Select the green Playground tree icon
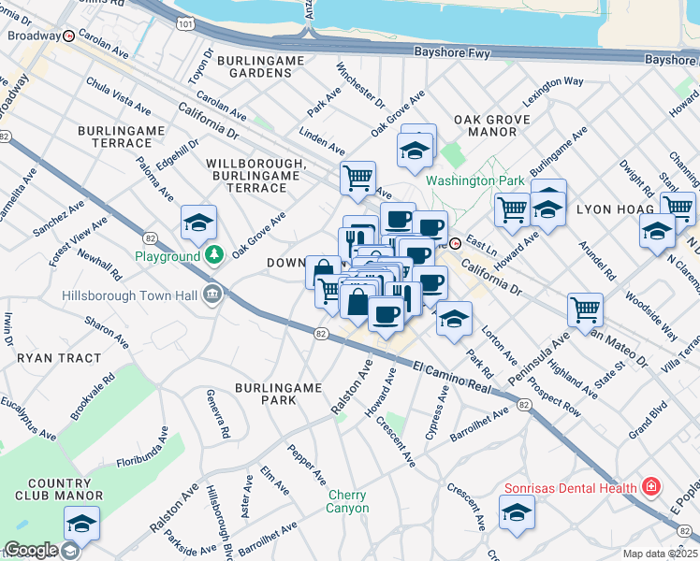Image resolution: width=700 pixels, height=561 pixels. (214, 255)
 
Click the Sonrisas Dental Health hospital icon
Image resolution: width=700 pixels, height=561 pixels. (650, 488)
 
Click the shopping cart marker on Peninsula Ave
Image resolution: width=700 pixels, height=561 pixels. (585, 308)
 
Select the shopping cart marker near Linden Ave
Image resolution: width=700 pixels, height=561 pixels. (357, 177)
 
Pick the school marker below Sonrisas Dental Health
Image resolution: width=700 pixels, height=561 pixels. (517, 513)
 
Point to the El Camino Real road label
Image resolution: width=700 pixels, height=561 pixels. (452, 379)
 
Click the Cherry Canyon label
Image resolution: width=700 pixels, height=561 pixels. (347, 501)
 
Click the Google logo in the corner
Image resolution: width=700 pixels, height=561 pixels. (31, 550)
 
